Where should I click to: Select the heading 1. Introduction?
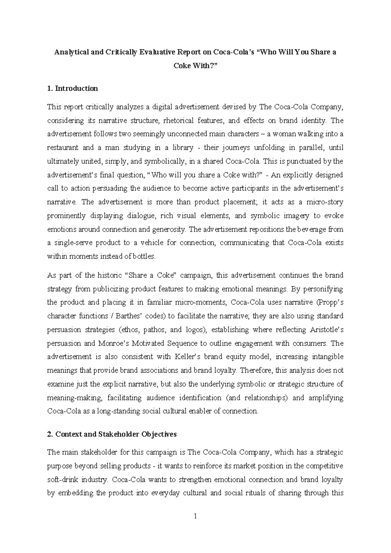tap(72, 88)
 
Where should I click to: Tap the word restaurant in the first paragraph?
tap(63, 148)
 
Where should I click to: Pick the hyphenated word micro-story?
tap(324, 202)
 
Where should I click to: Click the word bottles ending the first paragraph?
tap(143, 256)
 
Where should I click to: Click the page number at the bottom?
tap(195, 516)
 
